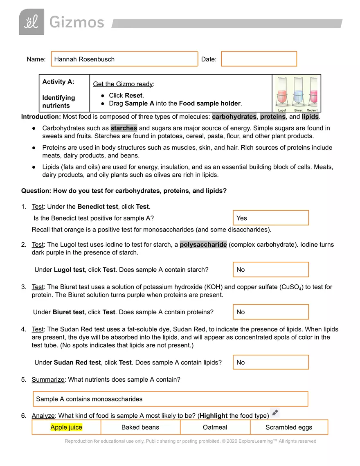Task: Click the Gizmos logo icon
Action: tap(31, 22)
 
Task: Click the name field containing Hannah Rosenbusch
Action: tap(124, 59)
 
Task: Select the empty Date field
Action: tap(259, 59)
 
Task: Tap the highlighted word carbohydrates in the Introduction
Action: tap(234, 117)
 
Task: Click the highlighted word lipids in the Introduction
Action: tap(310, 117)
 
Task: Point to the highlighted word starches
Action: tap(124, 128)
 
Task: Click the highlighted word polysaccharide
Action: tap(203, 245)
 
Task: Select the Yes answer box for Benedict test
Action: tap(270, 218)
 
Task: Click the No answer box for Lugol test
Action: tap(270, 270)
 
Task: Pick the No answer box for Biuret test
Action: tap(270, 312)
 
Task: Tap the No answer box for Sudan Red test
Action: tap(270, 362)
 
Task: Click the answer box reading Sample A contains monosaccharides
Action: tap(170, 399)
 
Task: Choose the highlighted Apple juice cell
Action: tap(66, 427)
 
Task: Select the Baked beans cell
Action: tap(140, 427)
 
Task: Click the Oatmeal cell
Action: tap(215, 427)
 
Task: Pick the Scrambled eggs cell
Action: tap(288, 427)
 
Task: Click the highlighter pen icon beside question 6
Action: tap(275, 413)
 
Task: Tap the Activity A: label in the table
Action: tap(58, 82)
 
